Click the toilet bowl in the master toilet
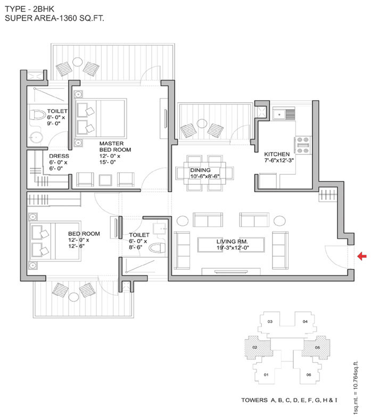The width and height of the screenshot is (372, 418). pos(39,116)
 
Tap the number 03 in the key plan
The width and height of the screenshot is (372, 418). pos(270,322)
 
